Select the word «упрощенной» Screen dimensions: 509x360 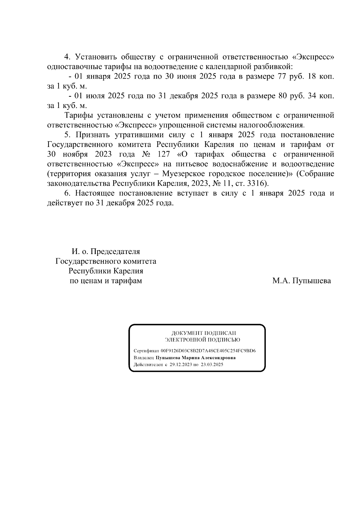(183, 125)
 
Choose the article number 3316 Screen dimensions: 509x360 (258, 184)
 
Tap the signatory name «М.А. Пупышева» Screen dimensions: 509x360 (301, 281)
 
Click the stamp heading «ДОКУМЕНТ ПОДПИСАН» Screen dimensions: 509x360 (203, 333)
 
